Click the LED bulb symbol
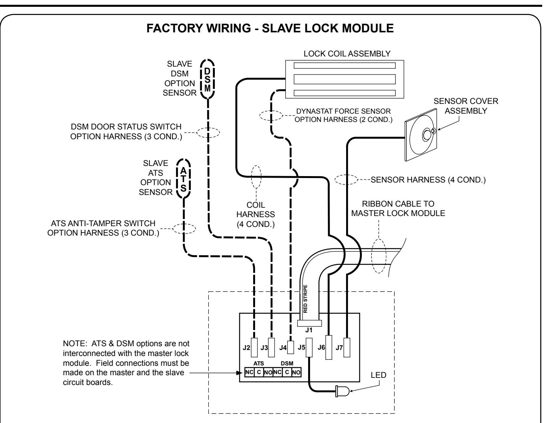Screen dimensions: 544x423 pyautogui.click(x=342, y=391)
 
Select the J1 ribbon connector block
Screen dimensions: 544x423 pyautogui.click(x=309, y=323)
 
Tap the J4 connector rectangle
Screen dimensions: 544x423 pyautogui.click(x=290, y=347)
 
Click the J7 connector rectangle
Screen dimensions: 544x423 pyautogui.click(x=347, y=347)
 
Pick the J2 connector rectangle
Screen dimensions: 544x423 pyautogui.click(x=254, y=347)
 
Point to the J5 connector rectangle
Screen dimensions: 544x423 pyautogui.click(x=309, y=347)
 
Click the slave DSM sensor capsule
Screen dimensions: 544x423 pyautogui.click(x=207, y=79)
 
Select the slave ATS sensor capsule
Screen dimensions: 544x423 pyautogui.click(x=183, y=178)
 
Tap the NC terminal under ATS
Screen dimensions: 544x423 pyautogui.click(x=249, y=372)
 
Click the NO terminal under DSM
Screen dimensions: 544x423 pyautogui.click(x=296, y=372)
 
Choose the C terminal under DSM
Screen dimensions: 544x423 pyautogui.click(x=287, y=372)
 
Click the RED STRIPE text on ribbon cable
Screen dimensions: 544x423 pyautogui.click(x=305, y=298)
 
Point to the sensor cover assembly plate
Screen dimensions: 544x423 pyautogui.click(x=421, y=135)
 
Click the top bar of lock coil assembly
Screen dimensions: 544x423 pyautogui.click(x=345, y=65)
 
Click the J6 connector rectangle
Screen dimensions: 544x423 pyautogui.click(x=328, y=347)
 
